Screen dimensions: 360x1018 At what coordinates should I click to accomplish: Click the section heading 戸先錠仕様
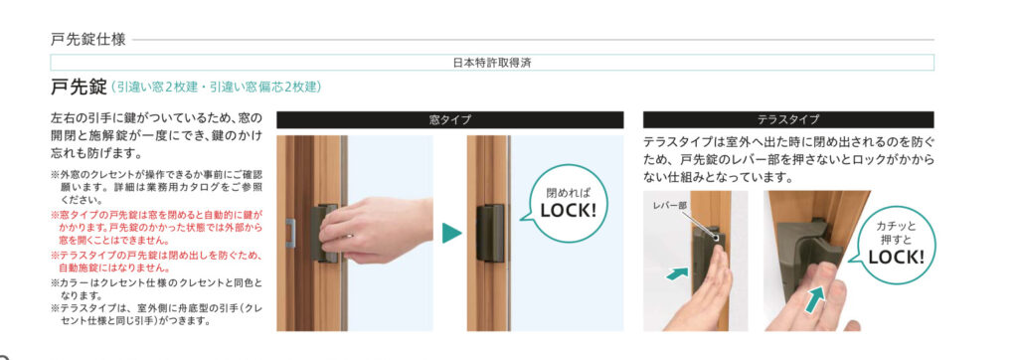87,40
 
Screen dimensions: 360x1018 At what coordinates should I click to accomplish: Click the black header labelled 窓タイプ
449,119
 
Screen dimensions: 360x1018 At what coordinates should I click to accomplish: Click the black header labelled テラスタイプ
788,119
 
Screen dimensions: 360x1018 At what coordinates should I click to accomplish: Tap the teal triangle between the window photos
452,234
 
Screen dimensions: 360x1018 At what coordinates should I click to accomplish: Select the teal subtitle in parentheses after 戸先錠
216,88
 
